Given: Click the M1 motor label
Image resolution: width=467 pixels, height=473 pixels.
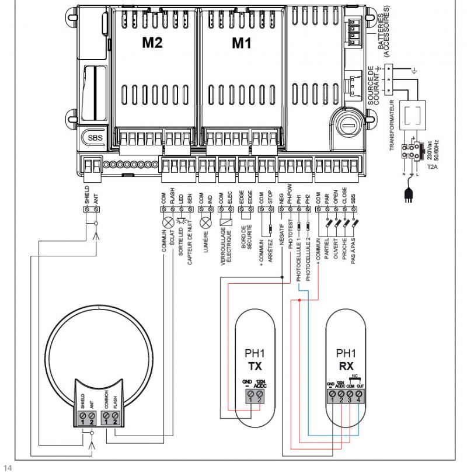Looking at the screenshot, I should (241, 43).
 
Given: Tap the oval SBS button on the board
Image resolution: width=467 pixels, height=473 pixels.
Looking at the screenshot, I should (94, 138).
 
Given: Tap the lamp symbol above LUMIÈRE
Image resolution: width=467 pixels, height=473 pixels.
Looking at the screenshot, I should (204, 222).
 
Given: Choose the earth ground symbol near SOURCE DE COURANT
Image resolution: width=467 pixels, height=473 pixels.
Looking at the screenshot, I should (414, 71).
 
